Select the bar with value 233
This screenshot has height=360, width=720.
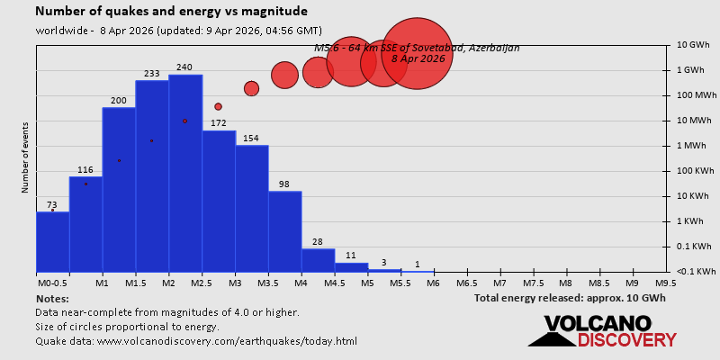click(152, 175)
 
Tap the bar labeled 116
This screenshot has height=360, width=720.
click(85, 224)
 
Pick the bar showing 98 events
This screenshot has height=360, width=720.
click(284, 231)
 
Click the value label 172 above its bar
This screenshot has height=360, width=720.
click(218, 122)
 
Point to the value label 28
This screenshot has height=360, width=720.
click(317, 241)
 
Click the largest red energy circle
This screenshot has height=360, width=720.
click(416, 54)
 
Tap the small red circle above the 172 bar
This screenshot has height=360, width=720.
click(218, 106)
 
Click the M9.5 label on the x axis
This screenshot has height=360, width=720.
click(666, 282)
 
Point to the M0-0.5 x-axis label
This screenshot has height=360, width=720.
click(51, 282)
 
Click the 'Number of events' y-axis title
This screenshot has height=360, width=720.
click(25, 157)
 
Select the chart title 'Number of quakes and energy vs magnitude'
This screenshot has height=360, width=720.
click(171, 12)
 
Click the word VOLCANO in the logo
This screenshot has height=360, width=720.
click(597, 324)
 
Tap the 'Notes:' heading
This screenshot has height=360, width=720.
click(52, 298)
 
